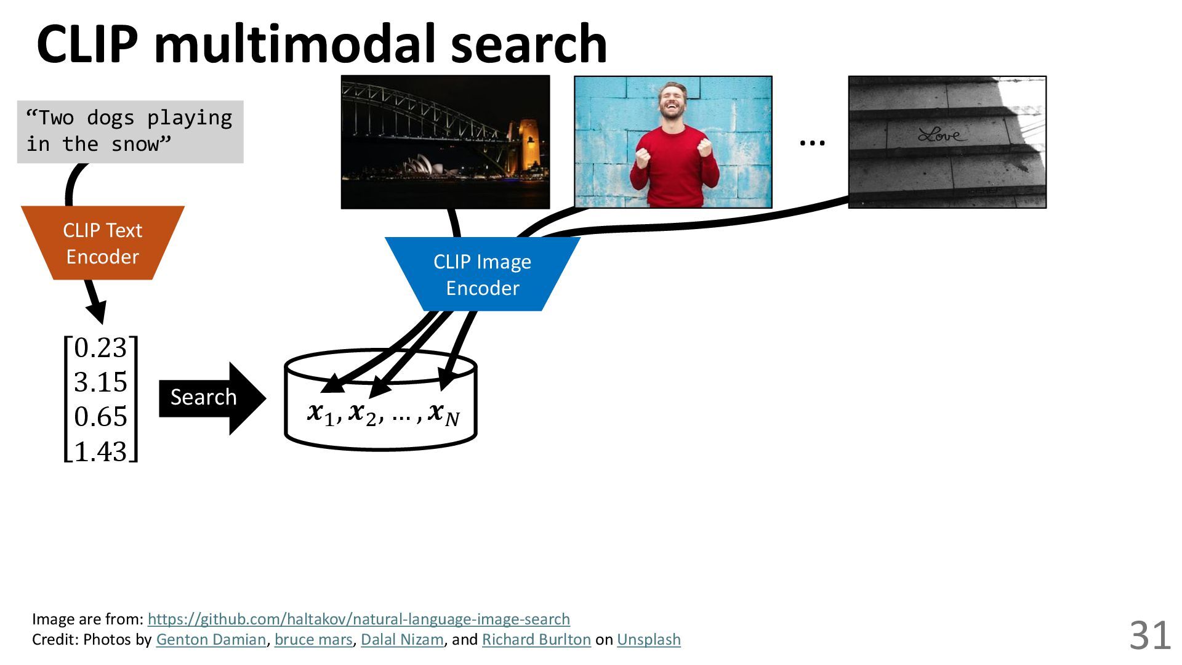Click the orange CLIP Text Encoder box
103,243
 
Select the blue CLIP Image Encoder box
482,275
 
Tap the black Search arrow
209,398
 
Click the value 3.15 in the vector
100,382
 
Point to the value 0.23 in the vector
100,348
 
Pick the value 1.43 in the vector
100,451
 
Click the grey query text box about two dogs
130,131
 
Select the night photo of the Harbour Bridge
445,142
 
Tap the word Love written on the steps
942,134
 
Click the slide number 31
1149,635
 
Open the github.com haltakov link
358,619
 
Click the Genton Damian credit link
211,640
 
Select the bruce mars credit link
313,640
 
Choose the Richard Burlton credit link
536,640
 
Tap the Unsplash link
649,640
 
